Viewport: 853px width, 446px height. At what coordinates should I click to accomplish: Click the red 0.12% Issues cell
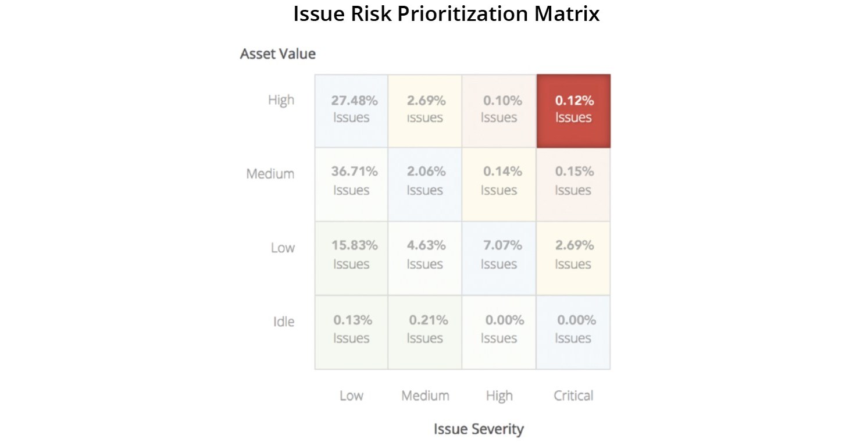point(573,110)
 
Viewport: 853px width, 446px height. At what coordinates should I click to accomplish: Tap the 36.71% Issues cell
point(351,183)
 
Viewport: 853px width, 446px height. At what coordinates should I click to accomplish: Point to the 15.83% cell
point(351,257)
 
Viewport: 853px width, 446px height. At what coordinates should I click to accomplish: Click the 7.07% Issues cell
point(499,257)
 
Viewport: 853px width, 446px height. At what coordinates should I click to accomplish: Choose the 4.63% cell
point(425,257)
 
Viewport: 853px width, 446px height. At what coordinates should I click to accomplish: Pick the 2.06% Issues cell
point(425,183)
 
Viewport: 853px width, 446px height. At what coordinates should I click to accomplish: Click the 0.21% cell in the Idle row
point(425,331)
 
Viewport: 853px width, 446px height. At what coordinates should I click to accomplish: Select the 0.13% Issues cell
point(351,331)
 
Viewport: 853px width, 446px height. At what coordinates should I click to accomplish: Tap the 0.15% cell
point(573,183)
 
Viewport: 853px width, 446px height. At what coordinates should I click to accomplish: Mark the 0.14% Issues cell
point(499,183)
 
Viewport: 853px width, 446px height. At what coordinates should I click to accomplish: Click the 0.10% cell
point(499,110)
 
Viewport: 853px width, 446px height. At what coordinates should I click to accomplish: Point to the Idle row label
point(283,322)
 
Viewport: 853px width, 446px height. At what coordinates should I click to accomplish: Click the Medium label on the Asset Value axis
point(270,174)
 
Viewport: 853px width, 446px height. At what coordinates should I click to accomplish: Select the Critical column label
point(573,396)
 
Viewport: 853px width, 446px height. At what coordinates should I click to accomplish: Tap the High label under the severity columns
point(499,396)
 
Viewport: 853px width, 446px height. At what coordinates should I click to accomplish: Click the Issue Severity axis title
point(479,429)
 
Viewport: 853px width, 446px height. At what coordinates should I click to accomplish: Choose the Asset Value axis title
point(278,54)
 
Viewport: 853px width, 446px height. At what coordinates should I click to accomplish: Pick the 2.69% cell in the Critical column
point(573,257)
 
